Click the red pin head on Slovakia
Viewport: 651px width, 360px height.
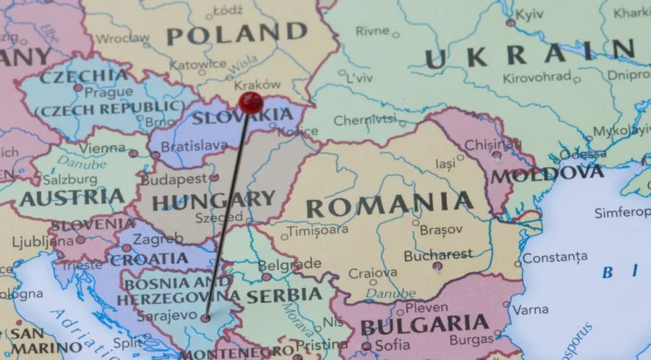pos(250,102)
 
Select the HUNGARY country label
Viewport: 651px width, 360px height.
pos(213,200)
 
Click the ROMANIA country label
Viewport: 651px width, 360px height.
pos(390,204)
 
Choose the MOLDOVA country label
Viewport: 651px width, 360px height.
pos(547,174)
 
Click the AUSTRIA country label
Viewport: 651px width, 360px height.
pos(71,198)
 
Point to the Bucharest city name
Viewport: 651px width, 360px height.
pos(412,254)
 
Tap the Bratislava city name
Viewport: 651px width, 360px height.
pos(194,147)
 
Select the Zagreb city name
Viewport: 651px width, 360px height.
pos(158,239)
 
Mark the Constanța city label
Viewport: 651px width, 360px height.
pos(556,257)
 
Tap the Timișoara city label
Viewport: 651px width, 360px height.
pos(317,230)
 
